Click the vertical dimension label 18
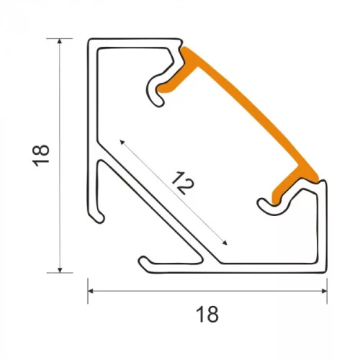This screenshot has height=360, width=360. [41, 156]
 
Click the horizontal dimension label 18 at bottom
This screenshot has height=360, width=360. [207, 314]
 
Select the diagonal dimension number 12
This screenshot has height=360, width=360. [182, 183]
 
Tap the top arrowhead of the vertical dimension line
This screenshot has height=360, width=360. [60, 41]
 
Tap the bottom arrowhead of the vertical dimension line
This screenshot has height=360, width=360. [60, 270]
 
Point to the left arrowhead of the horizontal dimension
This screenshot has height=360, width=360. [91, 291]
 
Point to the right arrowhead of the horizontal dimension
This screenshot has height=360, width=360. [324, 291]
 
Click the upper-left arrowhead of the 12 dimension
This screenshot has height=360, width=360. [122, 143]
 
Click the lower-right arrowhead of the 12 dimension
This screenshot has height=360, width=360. [225, 243]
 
